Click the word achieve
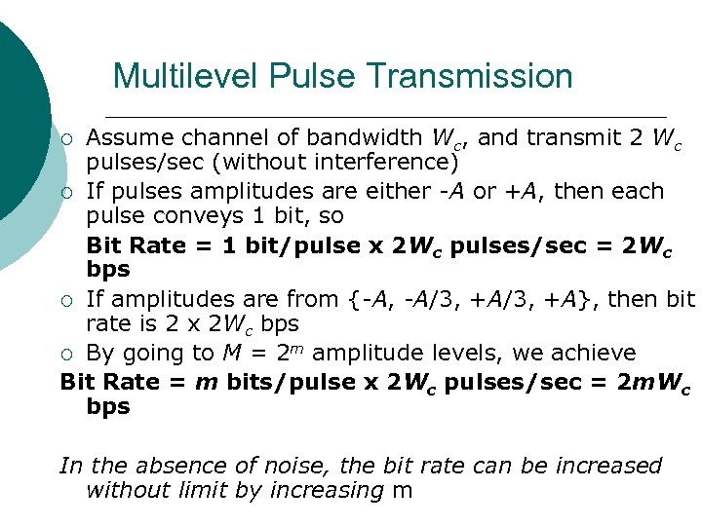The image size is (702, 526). point(596,353)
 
